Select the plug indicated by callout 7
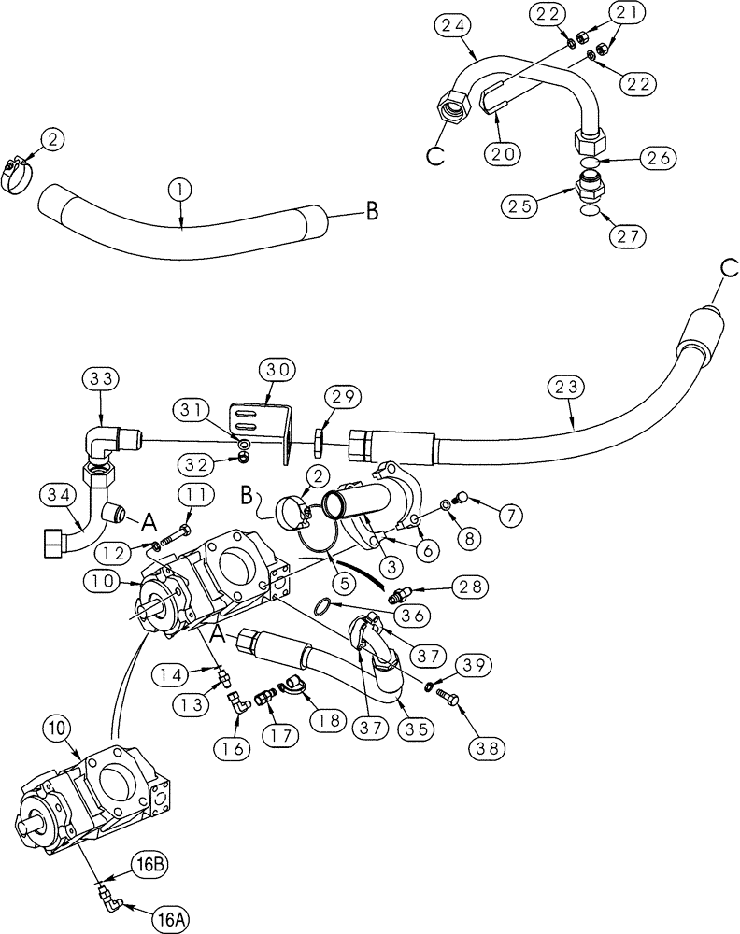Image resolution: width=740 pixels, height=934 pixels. click(x=460, y=497)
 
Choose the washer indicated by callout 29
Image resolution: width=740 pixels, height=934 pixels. click(x=320, y=438)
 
